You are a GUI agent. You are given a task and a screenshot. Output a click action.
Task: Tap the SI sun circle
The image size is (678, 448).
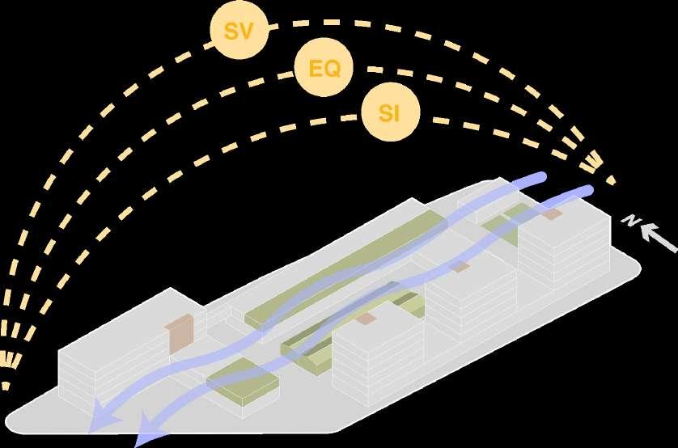(389, 113)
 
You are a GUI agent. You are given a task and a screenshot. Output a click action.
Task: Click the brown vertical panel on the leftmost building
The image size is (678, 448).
(179, 333)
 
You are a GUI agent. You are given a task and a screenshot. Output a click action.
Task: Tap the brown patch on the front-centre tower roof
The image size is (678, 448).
(366, 319)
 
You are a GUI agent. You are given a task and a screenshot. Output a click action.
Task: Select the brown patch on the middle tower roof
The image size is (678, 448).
(460, 267)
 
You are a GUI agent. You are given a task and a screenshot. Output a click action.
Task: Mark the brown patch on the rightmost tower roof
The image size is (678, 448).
(552, 215)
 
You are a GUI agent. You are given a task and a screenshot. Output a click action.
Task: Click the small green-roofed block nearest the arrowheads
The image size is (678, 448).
(243, 384)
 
